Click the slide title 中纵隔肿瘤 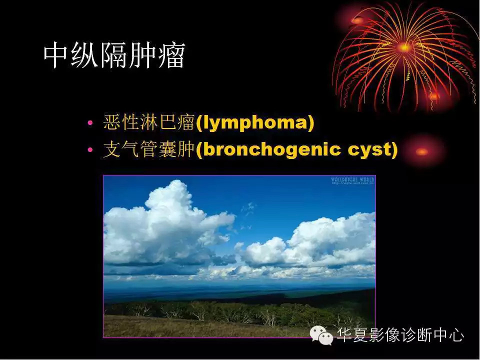click(114, 55)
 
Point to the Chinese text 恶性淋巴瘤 click(148, 123)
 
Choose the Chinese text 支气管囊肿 click(148, 150)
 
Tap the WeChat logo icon click(321, 334)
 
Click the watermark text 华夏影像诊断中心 click(400, 335)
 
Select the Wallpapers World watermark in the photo click(352, 180)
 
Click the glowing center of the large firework click(404, 47)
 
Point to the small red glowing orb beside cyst click(422, 151)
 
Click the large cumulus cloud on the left click(165, 225)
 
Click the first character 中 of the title click(56, 55)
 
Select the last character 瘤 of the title click(172, 55)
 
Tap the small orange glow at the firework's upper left click(358, 20)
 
